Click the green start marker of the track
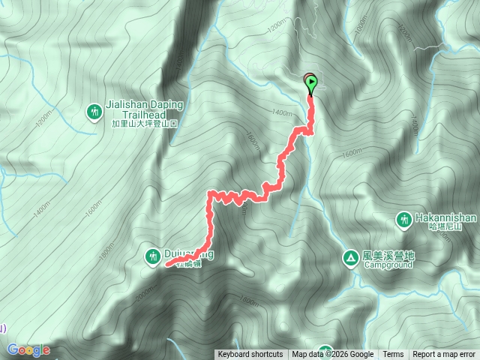(x=310, y=84)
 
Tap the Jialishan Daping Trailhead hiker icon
(x=94, y=112)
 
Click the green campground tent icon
(x=350, y=257)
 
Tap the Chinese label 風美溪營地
(x=388, y=255)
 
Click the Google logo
(x=28, y=350)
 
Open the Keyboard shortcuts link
(x=250, y=355)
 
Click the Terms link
(x=393, y=355)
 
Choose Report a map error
(x=445, y=355)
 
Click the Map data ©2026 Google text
(x=333, y=355)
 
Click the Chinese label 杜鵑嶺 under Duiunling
(x=189, y=264)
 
